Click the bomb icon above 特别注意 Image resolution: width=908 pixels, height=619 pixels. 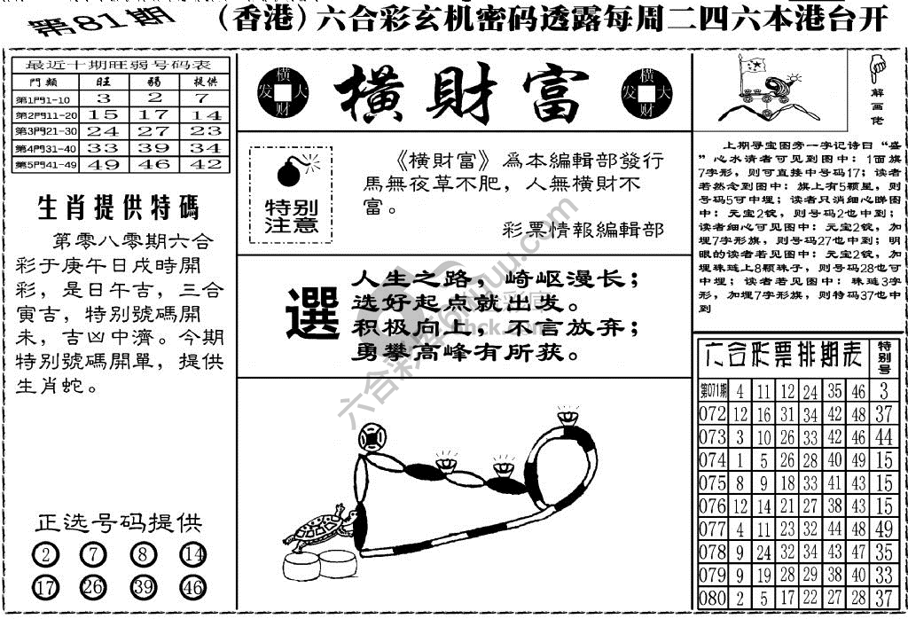coord(289,170)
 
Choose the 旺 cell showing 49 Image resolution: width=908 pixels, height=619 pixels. coord(103,164)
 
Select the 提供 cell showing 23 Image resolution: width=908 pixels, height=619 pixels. coord(207,130)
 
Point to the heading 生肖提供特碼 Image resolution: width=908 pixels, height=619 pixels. coord(118,208)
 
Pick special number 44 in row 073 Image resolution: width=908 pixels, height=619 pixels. coord(883,437)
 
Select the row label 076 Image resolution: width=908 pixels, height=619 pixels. coord(711,506)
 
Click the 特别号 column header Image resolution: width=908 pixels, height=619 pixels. coord(883,357)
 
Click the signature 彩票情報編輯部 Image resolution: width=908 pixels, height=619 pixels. coord(581,230)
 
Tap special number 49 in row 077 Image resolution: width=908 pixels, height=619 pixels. coord(883,529)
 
